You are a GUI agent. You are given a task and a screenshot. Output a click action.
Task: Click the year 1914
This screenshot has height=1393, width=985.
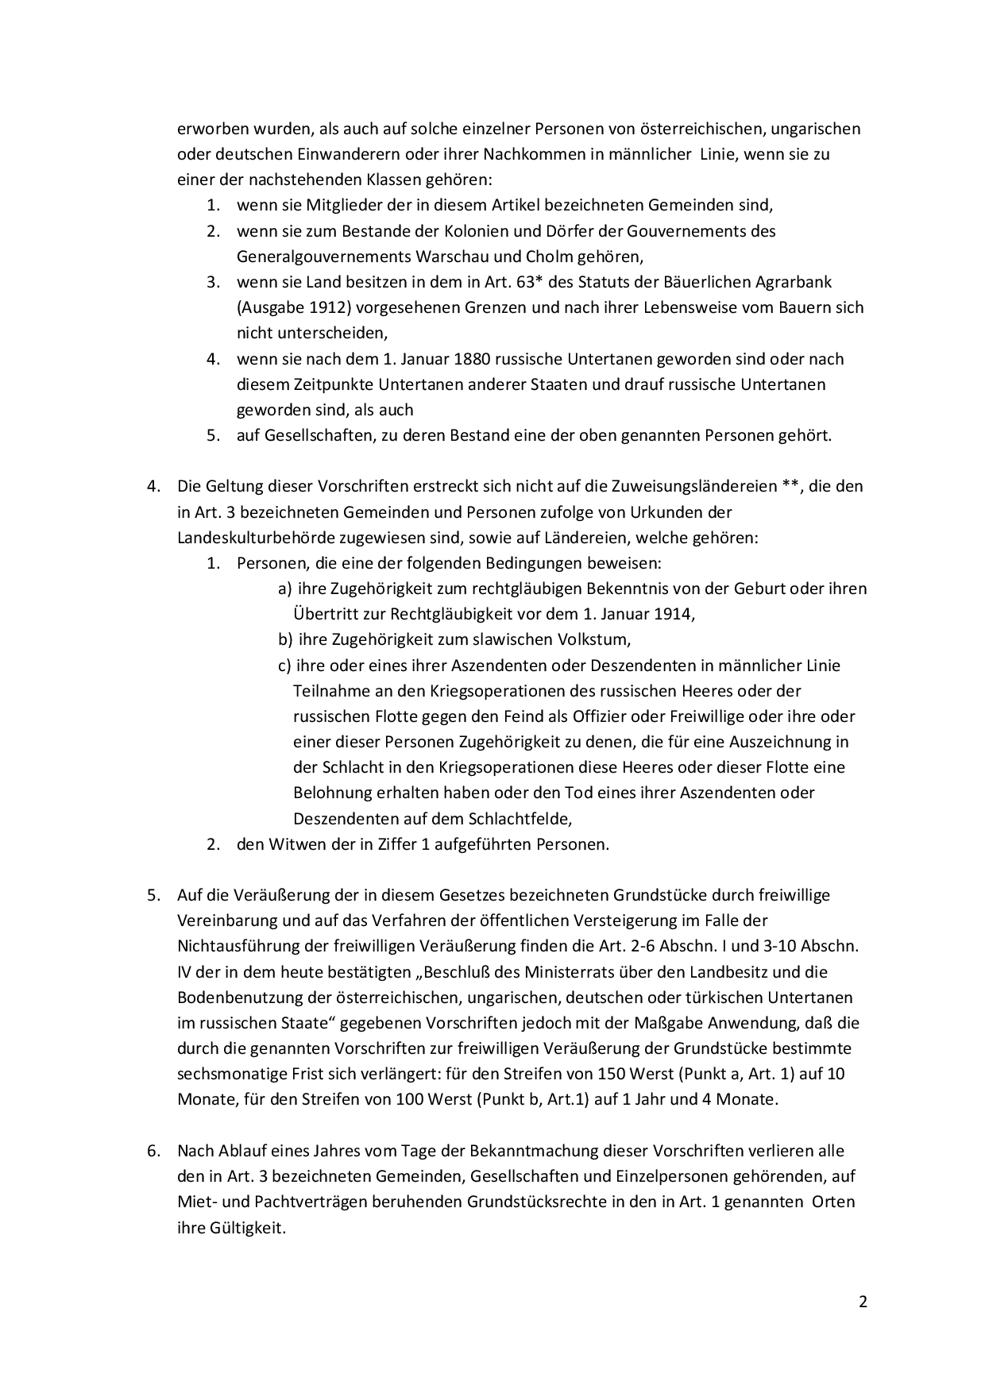[674, 614]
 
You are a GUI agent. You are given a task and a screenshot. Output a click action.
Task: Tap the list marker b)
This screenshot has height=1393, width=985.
[285, 639]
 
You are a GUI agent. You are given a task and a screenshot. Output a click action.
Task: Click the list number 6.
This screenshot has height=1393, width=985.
[153, 1151]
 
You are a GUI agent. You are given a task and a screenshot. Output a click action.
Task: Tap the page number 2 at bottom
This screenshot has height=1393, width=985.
[863, 1302]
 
